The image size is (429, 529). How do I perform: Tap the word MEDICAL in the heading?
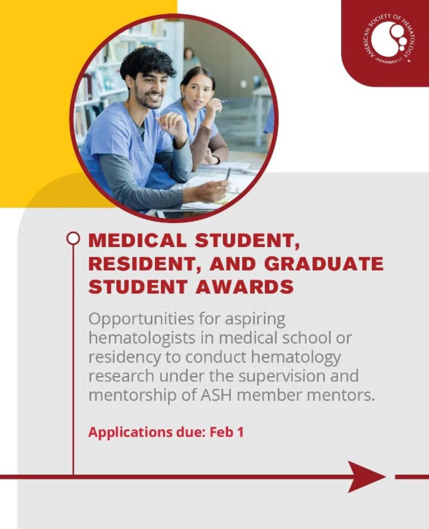[x=137, y=241]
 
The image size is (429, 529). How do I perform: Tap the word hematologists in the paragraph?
[x=142, y=338]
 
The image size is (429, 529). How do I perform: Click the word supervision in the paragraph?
[x=282, y=377]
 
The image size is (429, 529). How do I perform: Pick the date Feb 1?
[x=227, y=432]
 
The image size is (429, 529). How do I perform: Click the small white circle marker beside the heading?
[x=73, y=238]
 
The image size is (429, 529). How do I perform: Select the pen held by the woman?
[x=222, y=102]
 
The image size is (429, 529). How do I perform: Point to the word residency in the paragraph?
[x=125, y=358]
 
